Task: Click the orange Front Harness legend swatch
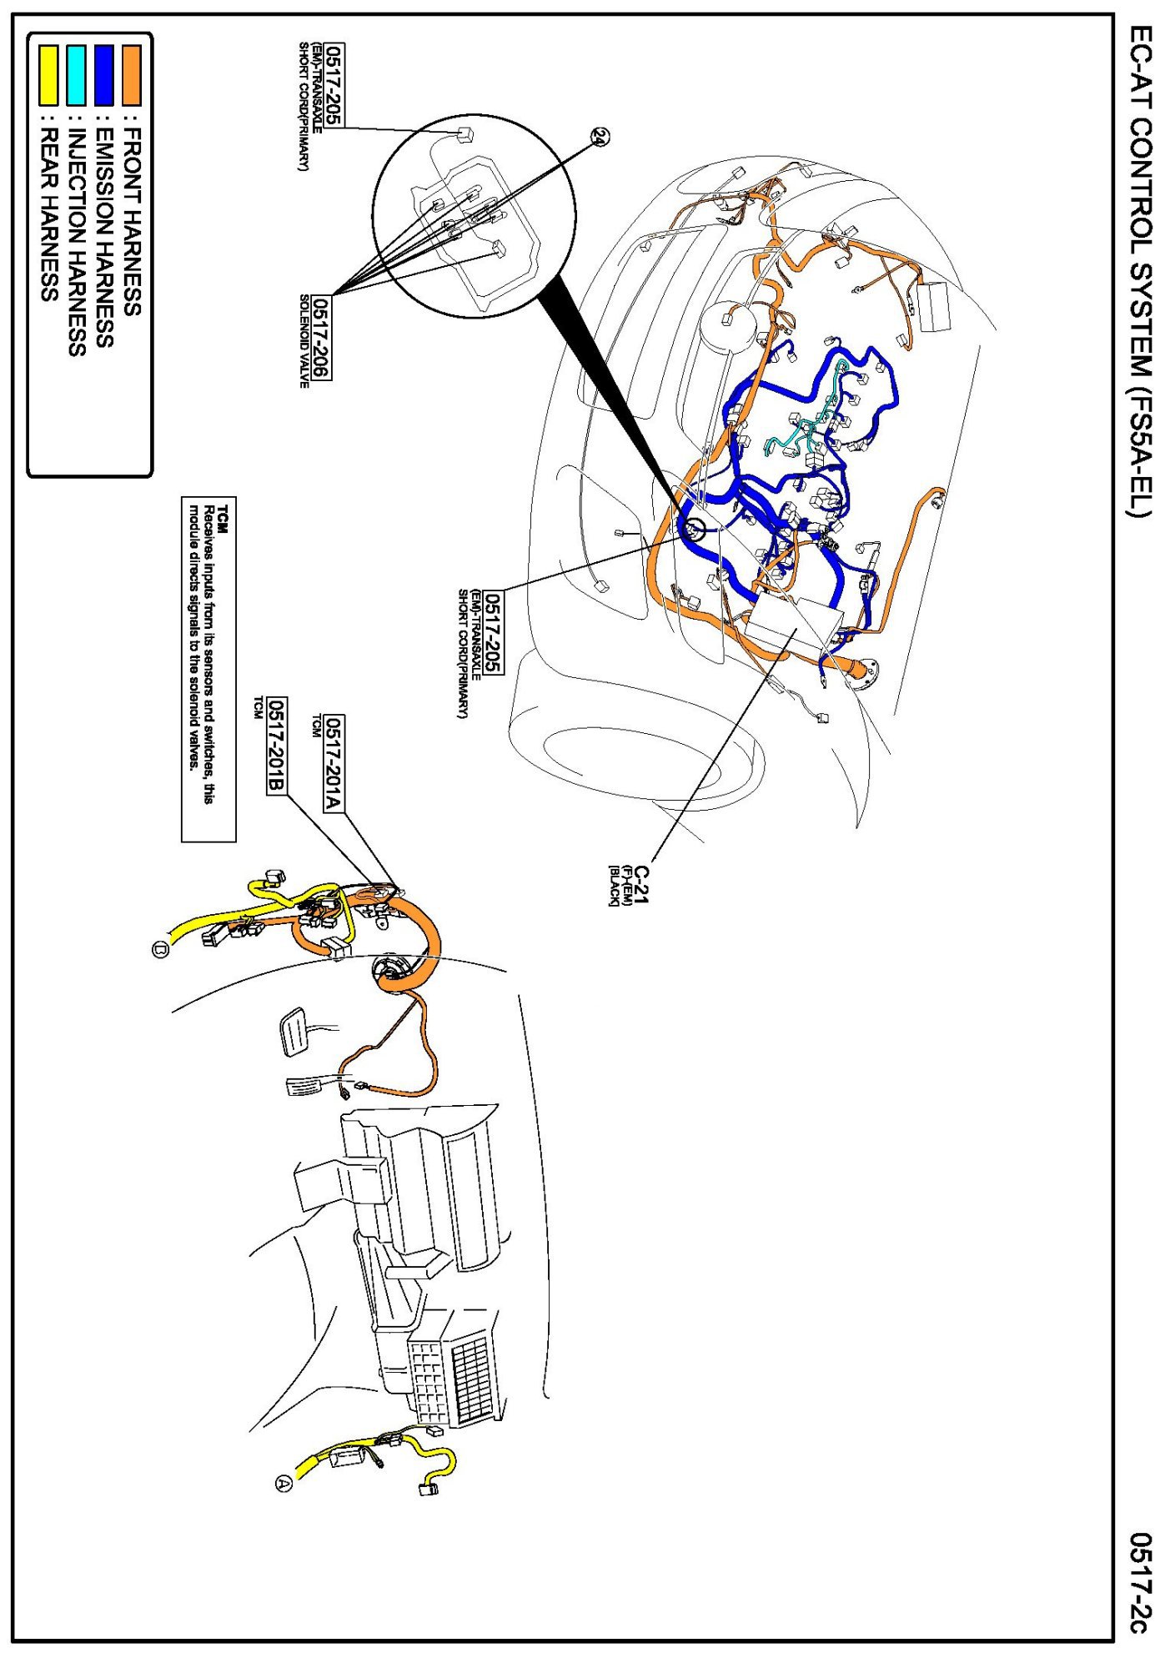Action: pos(132,75)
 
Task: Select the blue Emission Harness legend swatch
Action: pos(103,75)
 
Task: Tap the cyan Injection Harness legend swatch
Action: pos(76,75)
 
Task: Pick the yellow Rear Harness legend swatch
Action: pos(48,75)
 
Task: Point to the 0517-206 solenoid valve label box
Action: pos(322,338)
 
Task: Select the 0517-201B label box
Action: pos(276,746)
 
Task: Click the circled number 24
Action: pos(600,136)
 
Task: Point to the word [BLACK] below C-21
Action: pos(614,886)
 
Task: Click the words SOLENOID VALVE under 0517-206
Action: pos(304,340)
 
